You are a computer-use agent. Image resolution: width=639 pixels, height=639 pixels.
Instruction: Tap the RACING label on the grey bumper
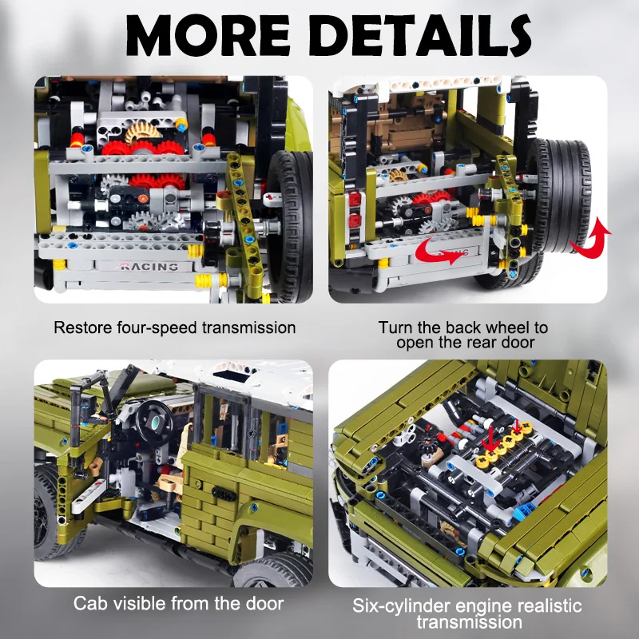pyautogui.click(x=147, y=267)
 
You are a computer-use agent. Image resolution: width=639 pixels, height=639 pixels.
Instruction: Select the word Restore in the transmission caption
pyautogui.click(x=81, y=328)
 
